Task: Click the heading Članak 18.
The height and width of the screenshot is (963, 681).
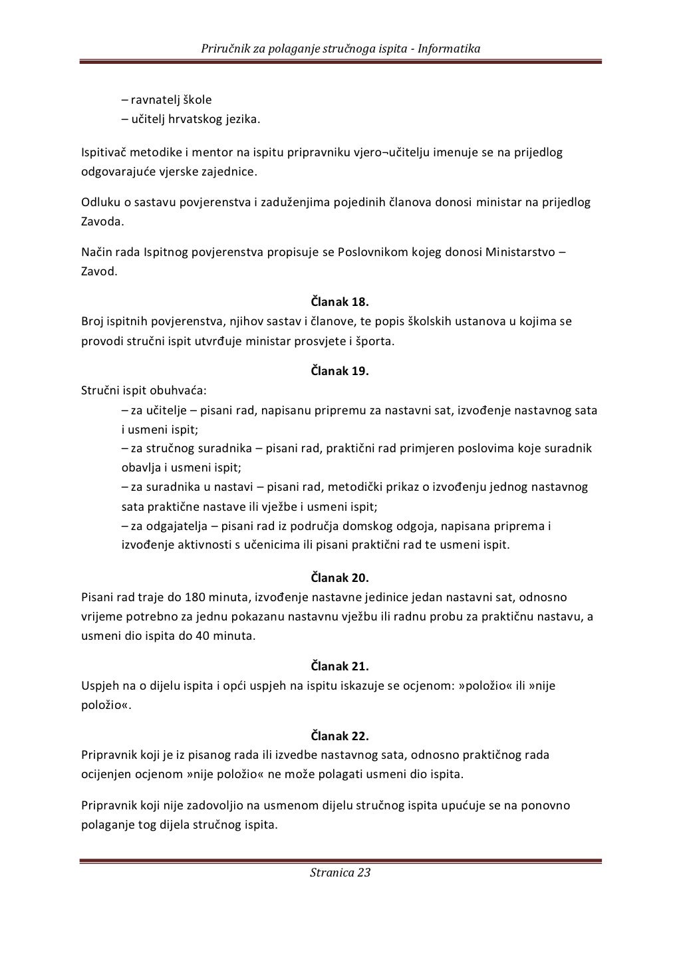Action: (340, 301)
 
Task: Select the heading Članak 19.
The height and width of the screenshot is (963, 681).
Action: (340, 371)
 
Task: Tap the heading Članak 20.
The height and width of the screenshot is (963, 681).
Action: (340, 577)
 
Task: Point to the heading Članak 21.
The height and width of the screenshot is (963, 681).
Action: (340, 666)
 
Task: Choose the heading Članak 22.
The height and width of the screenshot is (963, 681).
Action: (340, 736)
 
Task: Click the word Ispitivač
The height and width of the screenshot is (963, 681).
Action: (104, 153)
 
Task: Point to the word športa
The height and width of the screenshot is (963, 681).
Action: (377, 342)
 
